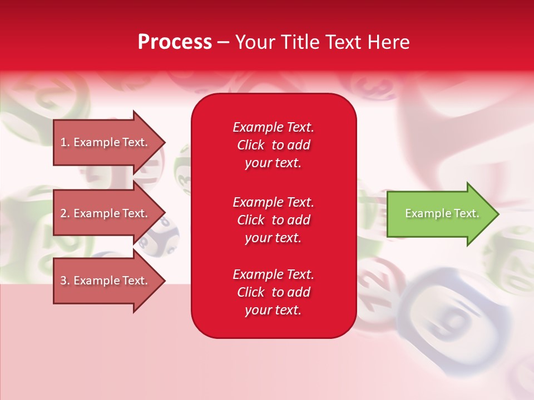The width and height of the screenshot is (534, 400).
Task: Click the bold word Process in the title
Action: point(175,42)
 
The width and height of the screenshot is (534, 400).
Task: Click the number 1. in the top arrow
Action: point(65,142)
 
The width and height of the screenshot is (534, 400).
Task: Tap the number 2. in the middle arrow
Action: point(65,213)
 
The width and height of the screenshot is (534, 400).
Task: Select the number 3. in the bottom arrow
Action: point(65,281)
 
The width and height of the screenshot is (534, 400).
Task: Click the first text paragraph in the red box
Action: point(273,145)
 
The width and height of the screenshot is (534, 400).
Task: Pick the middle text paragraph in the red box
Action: point(273,220)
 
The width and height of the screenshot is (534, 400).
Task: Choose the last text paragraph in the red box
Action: point(273,292)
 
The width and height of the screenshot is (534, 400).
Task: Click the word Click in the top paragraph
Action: point(251,145)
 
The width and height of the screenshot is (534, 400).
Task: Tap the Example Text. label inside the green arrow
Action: point(442,213)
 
